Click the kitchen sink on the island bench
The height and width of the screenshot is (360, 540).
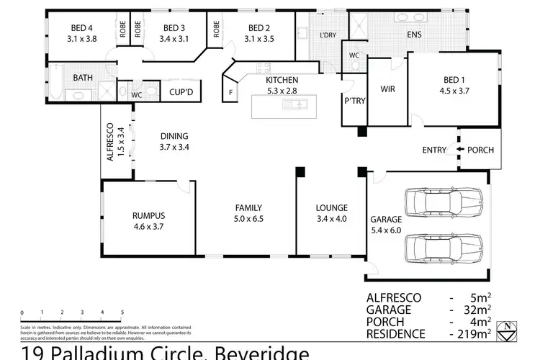(x=296, y=105)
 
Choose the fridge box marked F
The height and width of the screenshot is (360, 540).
(x=231, y=93)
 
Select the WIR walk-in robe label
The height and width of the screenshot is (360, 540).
(x=387, y=91)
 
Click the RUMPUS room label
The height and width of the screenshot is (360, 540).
(x=148, y=215)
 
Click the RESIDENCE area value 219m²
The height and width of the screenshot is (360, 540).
(x=475, y=334)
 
